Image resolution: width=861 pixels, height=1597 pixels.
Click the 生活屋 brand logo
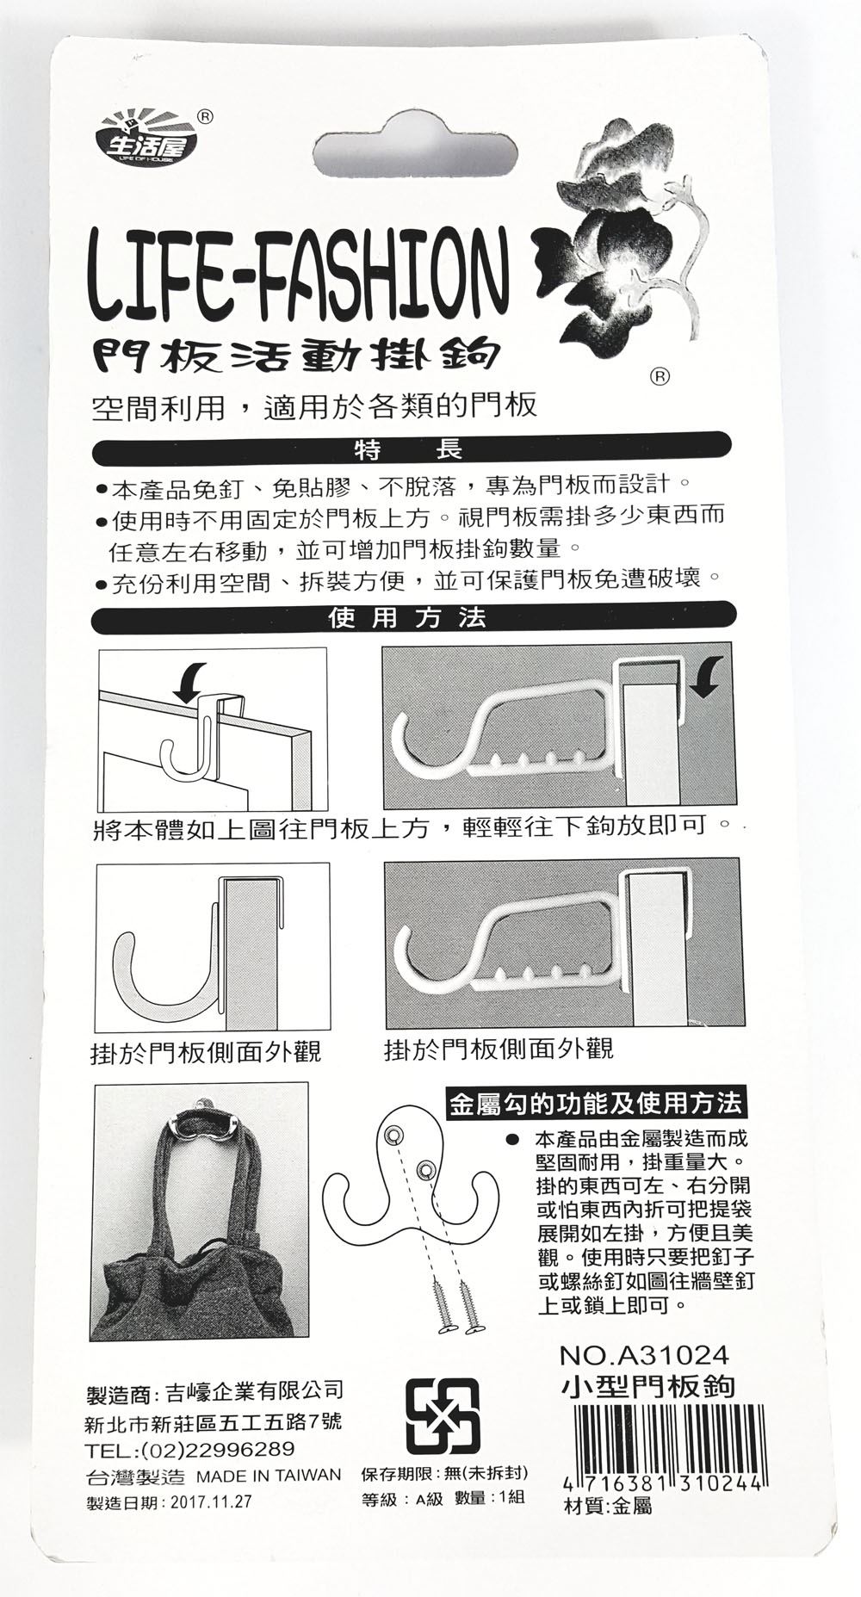[x=146, y=139]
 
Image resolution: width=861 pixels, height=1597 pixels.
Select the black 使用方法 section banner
[x=413, y=616]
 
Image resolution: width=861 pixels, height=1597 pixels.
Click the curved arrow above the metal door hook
[x=190, y=679]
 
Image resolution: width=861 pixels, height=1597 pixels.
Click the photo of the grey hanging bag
[x=199, y=1210]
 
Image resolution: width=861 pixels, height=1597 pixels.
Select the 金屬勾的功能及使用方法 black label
[x=595, y=1104]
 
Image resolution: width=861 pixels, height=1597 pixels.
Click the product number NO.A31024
[x=643, y=1356]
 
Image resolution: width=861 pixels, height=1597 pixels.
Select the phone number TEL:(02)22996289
[x=191, y=1448]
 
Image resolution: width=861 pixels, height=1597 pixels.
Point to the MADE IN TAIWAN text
[x=269, y=1476]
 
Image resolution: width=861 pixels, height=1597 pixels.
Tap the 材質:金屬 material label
[x=606, y=1506]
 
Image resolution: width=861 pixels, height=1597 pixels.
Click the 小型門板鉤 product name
[x=647, y=1386]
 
